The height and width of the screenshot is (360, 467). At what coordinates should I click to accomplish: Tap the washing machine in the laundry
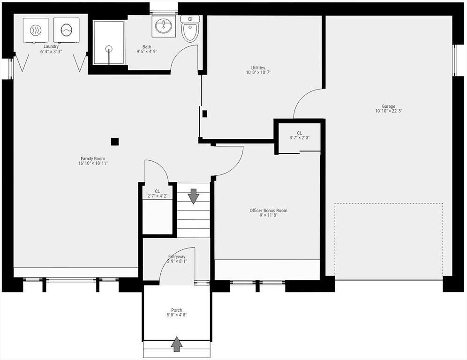coord(67,30)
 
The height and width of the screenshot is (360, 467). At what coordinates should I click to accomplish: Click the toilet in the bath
coord(190,29)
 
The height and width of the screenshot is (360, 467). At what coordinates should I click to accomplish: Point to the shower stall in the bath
coord(109,43)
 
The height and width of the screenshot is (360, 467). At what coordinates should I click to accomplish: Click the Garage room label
coord(388,106)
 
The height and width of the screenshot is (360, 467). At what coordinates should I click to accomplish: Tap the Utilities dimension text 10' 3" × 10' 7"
coord(258,73)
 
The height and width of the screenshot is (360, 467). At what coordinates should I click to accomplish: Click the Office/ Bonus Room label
coord(268,210)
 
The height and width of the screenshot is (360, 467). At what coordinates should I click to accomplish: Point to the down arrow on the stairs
coord(193,196)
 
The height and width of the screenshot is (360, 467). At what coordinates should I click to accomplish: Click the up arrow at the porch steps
coord(176,344)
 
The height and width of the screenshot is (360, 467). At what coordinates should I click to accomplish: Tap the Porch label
coord(176,310)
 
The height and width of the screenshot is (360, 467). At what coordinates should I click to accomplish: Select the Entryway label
coord(177,256)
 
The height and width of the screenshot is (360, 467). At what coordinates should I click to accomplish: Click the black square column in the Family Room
coord(114,142)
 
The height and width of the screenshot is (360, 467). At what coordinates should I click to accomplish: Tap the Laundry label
coord(51,46)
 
